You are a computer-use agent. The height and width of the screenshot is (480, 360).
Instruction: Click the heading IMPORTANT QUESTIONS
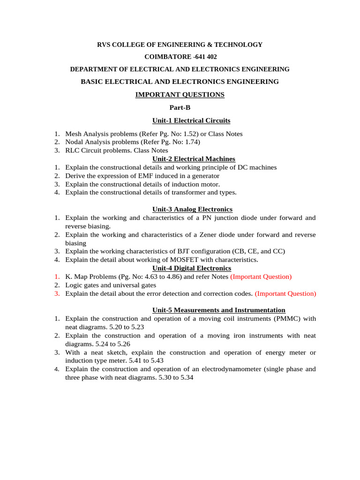[180, 95]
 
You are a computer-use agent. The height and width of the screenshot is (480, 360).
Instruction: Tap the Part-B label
[180, 108]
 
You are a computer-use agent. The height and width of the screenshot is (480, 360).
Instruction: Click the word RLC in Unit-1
[73, 150]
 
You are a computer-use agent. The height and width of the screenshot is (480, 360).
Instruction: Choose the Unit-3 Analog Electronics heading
[192, 209]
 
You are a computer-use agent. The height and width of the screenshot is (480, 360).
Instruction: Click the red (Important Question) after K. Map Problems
[261, 277]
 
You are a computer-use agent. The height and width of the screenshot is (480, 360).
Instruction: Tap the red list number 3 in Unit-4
[56, 294]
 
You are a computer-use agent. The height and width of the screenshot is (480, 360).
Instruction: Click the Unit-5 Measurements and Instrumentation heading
[219, 310]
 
